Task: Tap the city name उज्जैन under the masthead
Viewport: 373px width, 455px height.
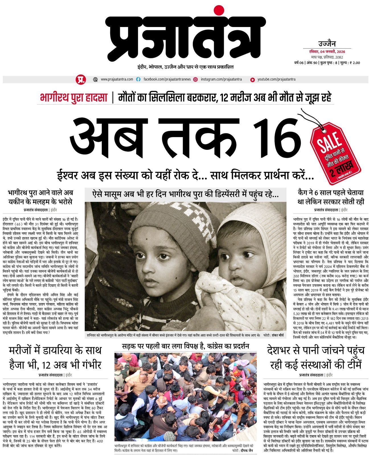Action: [327, 44]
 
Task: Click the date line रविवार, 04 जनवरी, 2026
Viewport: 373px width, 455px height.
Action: [327, 52]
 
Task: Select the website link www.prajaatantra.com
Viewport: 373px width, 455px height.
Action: [117, 79]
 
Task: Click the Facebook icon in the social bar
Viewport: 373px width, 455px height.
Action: [138, 80]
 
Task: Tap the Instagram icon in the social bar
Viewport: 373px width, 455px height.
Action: [196, 80]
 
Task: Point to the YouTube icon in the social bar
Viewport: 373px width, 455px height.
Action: [252, 80]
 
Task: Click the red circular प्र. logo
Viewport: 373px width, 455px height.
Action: [80, 79]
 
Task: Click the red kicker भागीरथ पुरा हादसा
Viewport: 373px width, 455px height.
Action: [73, 98]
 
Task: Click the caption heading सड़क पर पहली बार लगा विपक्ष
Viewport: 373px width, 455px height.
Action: [185, 346]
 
